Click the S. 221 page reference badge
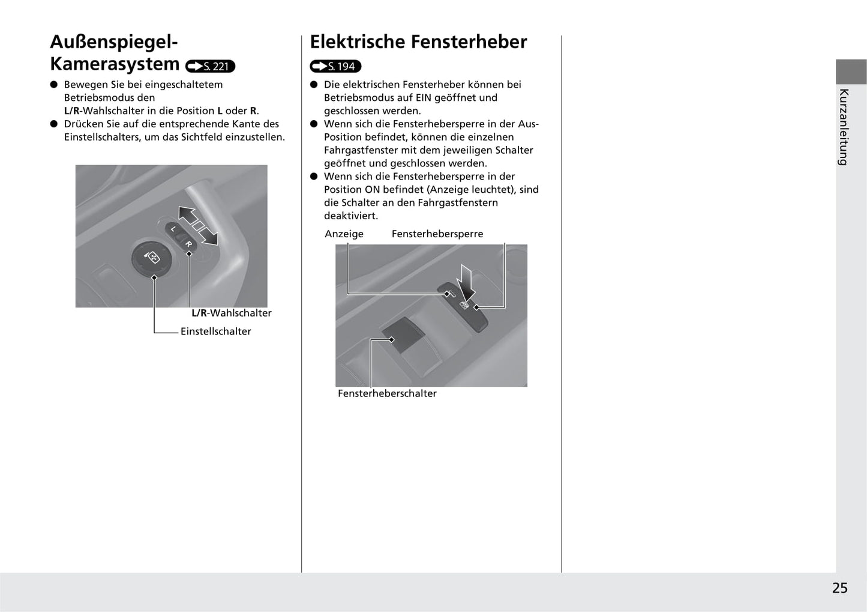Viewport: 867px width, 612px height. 211,66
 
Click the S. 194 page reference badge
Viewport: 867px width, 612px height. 335,66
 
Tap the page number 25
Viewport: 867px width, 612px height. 839,588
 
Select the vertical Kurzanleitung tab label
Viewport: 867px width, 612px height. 844,127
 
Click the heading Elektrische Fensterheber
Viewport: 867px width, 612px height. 418,42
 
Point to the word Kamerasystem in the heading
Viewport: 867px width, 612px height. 115,64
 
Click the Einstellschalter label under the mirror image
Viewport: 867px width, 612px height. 215,332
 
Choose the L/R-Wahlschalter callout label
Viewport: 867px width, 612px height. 232,313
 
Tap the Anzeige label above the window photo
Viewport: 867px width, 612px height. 344,234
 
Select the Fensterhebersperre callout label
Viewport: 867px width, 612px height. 437,234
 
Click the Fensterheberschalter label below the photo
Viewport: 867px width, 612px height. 387,393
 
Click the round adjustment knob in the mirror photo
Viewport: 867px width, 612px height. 152,258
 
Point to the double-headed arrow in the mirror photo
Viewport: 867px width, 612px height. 198,225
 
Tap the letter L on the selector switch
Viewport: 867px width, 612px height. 173,229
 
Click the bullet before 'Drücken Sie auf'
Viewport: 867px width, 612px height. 53,124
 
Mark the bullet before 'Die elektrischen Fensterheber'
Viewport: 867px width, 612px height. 313,85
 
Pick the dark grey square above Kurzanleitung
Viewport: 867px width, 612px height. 851,71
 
